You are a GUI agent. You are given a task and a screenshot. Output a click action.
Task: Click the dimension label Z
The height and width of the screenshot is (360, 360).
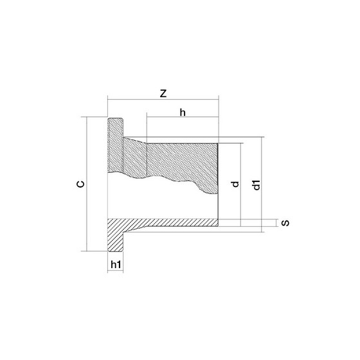163,93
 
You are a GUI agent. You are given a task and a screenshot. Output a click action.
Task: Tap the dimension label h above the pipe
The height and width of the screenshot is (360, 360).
183,113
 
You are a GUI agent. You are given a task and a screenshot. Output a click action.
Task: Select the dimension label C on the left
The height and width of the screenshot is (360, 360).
80,184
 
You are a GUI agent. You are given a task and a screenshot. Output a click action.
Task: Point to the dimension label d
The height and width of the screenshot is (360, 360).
235,184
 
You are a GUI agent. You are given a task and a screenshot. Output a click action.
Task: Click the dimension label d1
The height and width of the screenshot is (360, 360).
256,185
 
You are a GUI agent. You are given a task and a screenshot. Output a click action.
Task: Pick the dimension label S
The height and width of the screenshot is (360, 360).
285,222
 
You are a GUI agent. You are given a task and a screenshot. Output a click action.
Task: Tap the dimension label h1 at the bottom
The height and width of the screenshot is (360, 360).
116,264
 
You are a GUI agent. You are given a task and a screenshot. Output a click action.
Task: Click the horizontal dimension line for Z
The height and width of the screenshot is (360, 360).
163,100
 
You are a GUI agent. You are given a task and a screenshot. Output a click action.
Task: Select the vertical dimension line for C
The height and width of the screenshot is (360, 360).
87,184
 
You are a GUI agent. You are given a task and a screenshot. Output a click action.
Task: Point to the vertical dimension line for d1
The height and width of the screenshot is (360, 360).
262,184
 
